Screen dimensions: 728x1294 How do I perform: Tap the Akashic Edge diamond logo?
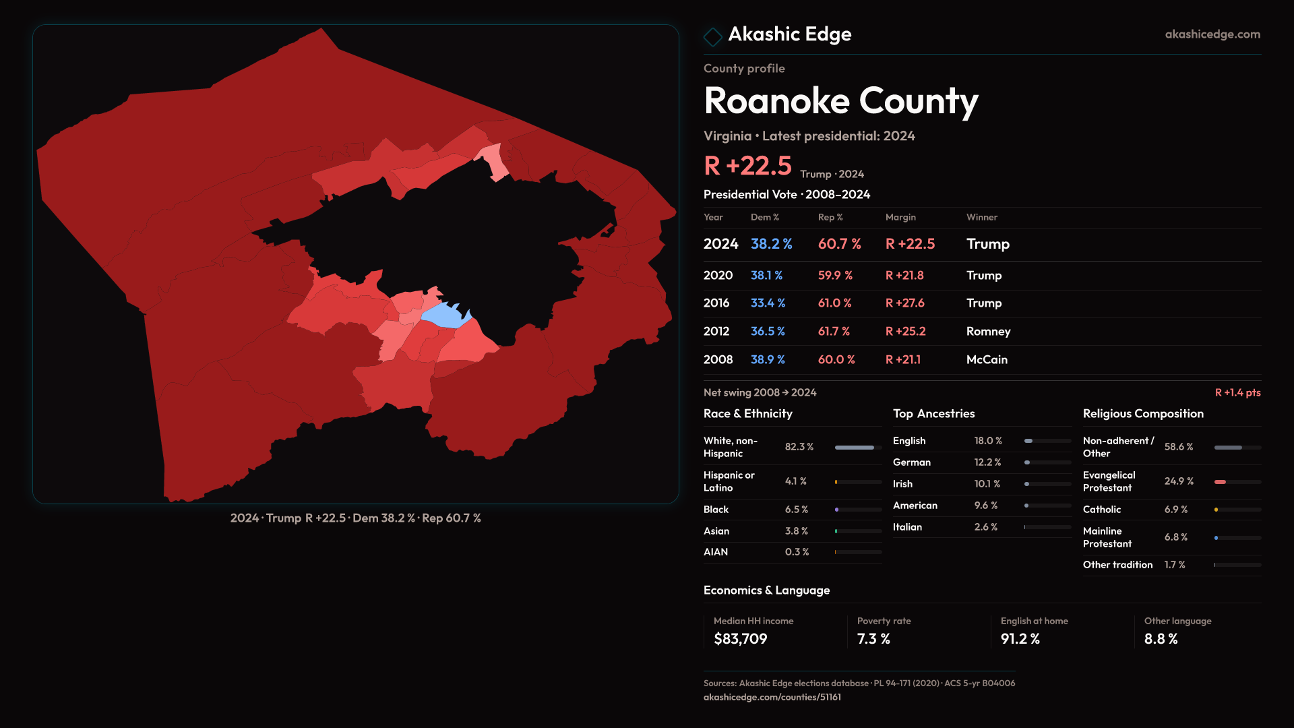[712, 36]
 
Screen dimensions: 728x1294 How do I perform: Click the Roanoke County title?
[840, 101]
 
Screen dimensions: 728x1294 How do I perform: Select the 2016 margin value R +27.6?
[904, 303]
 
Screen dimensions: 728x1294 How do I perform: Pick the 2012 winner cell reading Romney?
[988, 332]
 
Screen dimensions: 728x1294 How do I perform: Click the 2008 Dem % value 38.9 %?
[768, 360]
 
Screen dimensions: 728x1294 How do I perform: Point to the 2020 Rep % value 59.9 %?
[835, 276]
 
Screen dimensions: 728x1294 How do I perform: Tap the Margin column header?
[900, 217]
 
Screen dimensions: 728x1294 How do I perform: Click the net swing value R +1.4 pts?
[1237, 392]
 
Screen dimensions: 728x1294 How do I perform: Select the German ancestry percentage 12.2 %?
[987, 462]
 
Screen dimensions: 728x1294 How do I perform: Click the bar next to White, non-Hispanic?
[855, 448]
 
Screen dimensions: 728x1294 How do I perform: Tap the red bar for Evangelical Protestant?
[1220, 482]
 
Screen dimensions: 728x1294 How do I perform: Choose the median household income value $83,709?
[740, 639]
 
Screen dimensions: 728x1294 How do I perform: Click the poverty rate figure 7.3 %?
[873, 639]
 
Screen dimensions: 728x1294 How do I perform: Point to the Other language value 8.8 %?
[1161, 639]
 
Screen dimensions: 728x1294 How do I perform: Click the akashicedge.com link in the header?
[1212, 34]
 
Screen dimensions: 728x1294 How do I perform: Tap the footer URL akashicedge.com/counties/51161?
[772, 697]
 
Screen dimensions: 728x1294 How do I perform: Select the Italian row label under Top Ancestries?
[907, 527]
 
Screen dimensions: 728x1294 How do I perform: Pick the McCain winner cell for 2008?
[987, 360]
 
